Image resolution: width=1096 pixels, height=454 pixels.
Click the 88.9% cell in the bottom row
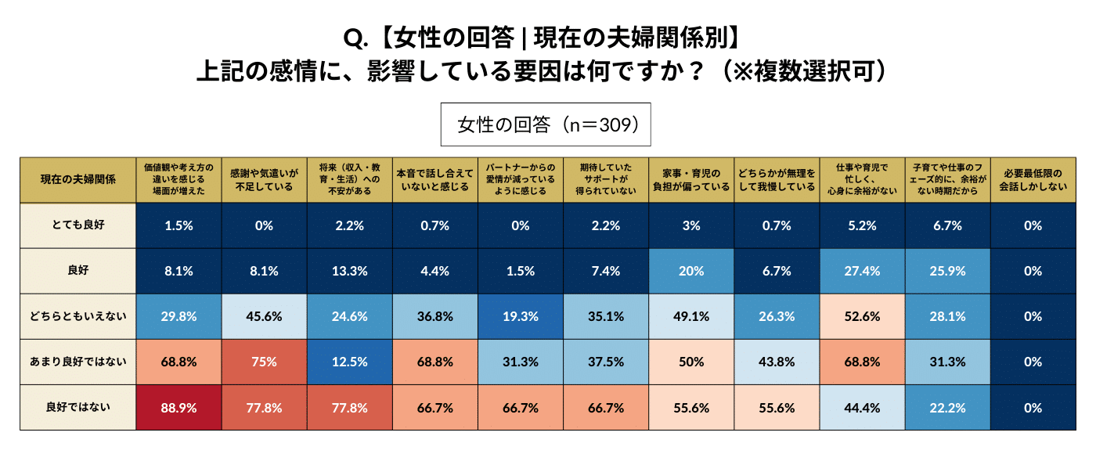point(179,407)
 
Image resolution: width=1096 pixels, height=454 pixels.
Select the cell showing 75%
point(264,362)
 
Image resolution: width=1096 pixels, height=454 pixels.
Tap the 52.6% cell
point(862,316)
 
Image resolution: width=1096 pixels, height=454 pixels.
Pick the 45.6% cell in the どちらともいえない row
point(264,316)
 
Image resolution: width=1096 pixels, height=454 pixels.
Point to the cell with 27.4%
point(862,271)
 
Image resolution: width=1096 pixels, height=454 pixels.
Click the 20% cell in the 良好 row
point(691,271)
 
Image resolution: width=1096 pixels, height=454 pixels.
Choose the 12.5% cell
point(349,362)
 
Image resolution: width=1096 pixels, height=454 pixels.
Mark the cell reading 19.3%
point(520,316)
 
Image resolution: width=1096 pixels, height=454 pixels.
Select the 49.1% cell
point(691,316)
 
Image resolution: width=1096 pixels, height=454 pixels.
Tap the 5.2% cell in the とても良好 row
point(862,225)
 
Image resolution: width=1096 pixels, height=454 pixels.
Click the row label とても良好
point(78,225)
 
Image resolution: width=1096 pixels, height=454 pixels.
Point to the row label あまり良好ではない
point(78,362)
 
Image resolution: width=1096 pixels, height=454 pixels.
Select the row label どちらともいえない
point(78,316)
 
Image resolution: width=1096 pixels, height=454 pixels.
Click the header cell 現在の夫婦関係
point(78,179)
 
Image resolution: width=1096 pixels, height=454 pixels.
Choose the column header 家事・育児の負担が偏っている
point(691,179)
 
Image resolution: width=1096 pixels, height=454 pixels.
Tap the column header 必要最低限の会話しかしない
point(1033,179)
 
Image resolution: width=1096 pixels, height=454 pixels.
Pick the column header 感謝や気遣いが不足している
point(264,179)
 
